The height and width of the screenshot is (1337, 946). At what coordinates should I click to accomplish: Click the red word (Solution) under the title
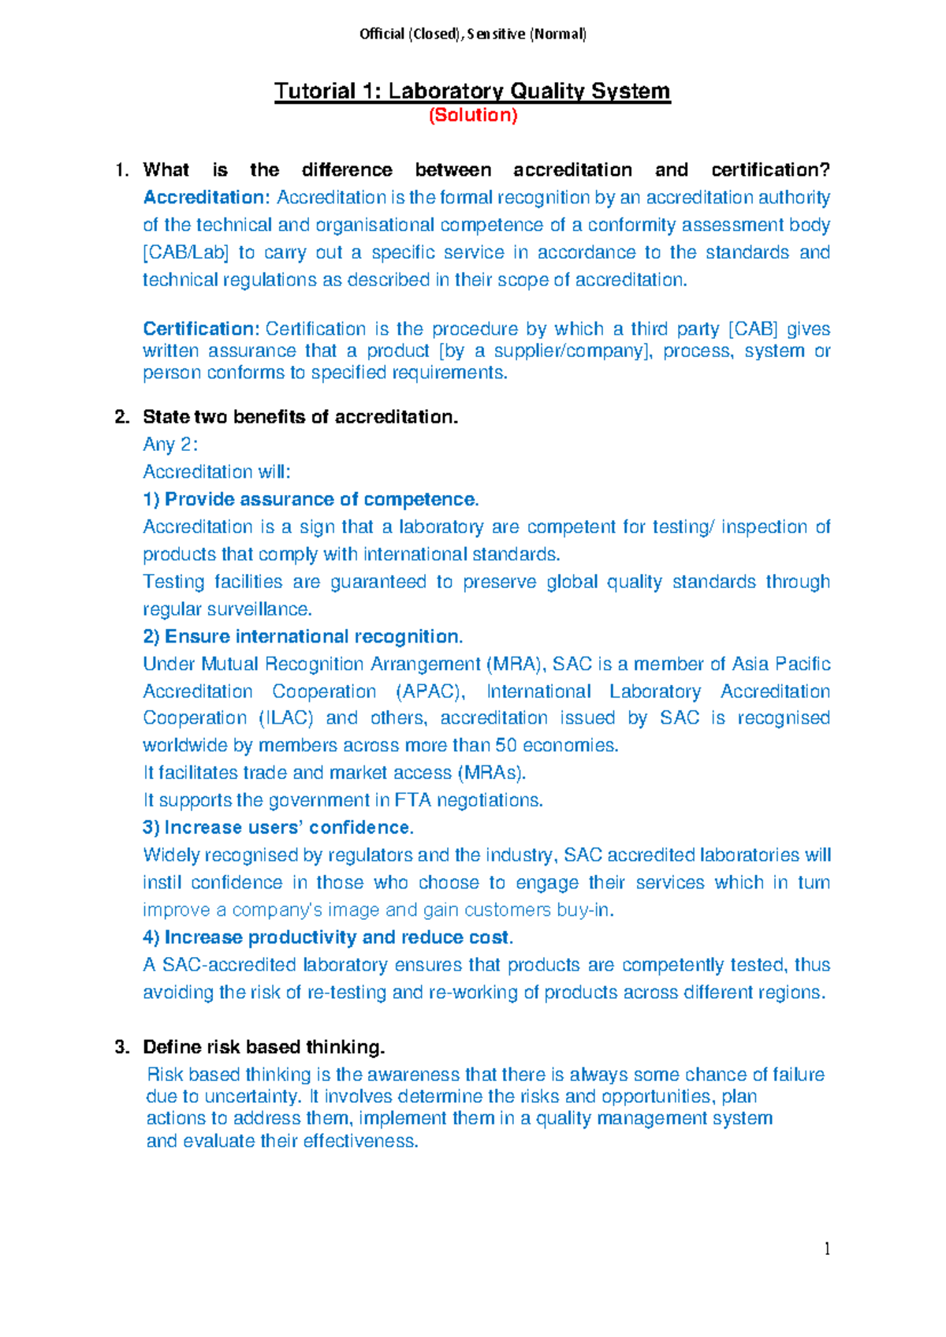[x=472, y=115]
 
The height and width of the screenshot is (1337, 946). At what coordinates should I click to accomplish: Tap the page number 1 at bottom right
[x=826, y=1248]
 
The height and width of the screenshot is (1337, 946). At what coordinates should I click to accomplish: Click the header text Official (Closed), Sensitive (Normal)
[x=472, y=34]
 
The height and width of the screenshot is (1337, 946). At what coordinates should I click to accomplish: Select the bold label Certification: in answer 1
[x=201, y=329]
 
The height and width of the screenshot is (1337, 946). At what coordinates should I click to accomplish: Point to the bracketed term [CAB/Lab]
[x=186, y=252]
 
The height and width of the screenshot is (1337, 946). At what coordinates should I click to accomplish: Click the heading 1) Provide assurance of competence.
[x=311, y=499]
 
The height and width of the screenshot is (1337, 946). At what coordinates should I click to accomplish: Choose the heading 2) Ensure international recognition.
[x=303, y=636]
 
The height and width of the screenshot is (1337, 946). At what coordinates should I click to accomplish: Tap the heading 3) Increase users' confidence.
[x=278, y=827]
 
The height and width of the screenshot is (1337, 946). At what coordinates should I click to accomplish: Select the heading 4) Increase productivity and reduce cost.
[x=328, y=937]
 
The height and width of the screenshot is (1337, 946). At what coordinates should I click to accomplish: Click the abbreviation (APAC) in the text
[x=430, y=691]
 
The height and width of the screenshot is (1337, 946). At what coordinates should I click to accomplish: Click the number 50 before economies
[x=505, y=745]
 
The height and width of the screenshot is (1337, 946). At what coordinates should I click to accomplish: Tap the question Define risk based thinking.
[x=263, y=1047]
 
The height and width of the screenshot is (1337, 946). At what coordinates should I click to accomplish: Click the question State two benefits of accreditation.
[x=300, y=417]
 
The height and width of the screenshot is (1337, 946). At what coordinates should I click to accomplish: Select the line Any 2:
[x=169, y=445]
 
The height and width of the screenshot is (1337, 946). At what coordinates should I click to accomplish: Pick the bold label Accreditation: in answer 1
[x=207, y=197]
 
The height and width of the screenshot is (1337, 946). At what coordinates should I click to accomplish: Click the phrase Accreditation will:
[x=217, y=471]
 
